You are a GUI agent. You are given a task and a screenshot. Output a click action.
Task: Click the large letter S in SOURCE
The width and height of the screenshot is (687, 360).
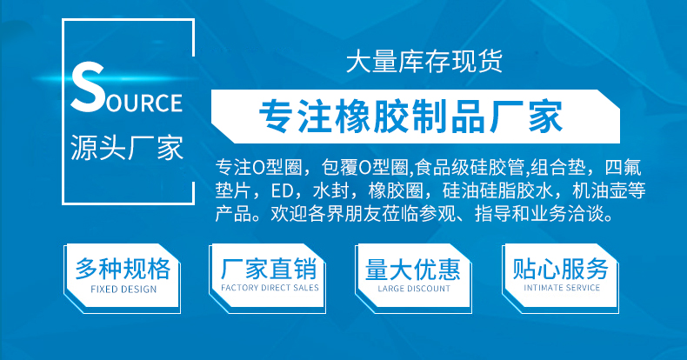pos(87,87)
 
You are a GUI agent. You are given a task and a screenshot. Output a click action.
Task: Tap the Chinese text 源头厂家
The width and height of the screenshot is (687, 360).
pos(127,148)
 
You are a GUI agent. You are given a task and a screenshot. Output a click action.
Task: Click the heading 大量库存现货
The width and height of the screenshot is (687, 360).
pos(424,62)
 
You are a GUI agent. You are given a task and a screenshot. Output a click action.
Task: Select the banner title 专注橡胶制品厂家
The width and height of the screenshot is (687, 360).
pos(410,117)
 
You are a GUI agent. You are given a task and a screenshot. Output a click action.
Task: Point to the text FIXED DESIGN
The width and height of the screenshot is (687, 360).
pos(123,289)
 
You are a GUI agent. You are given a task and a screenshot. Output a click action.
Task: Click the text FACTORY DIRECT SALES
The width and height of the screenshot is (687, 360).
pos(270,288)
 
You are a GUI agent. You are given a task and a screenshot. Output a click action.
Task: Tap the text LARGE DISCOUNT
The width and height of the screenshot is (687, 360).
pos(414,289)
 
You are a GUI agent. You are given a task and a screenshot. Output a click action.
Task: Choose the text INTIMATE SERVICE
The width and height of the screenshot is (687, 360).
pos(562,288)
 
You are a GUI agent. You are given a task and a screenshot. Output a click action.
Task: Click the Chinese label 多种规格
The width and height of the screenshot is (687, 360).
pos(123,269)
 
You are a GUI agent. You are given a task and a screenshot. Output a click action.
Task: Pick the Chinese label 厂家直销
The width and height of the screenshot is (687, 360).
pos(269,269)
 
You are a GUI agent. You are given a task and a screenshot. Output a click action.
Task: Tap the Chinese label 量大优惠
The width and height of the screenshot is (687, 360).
pos(413,269)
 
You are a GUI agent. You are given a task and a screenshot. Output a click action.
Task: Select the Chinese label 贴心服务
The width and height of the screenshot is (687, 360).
pos(560,269)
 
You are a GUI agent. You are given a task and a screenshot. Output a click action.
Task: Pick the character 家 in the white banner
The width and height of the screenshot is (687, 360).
pos(545,117)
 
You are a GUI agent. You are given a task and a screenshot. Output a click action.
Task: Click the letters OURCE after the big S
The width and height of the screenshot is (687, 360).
pos(144,103)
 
